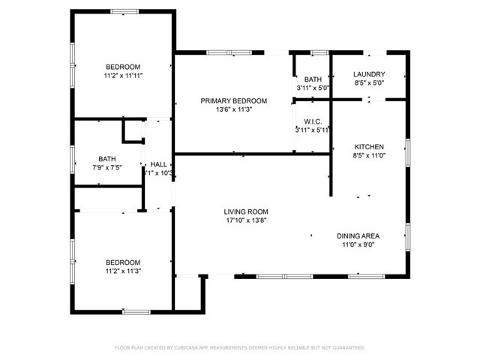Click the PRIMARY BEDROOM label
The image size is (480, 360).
(x=233, y=100)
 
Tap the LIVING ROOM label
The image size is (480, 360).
(x=245, y=211)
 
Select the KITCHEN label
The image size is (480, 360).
(x=369, y=146)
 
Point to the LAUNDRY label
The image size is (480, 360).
(x=369, y=74)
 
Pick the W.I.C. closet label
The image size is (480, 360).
(x=313, y=121)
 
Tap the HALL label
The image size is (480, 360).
(x=158, y=164)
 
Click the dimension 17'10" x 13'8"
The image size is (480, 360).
(x=245, y=220)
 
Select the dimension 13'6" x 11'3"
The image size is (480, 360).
(x=233, y=109)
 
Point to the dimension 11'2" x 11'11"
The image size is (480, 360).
(x=123, y=75)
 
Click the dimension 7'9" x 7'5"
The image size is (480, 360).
(x=106, y=167)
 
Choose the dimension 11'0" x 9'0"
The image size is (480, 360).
(x=358, y=244)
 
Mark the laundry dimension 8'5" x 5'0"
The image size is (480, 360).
(x=369, y=83)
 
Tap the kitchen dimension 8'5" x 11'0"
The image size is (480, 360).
(x=369, y=155)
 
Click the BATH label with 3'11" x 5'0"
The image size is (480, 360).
(x=312, y=79)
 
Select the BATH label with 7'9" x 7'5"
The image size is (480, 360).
(x=106, y=158)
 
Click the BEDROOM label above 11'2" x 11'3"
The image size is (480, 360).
(x=123, y=262)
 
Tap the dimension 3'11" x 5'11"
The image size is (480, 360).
(x=313, y=130)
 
